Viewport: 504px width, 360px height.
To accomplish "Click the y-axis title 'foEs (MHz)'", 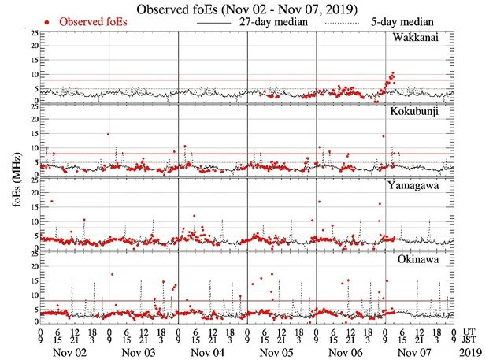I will point(9,177).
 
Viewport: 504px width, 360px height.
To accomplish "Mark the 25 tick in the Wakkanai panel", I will point(32,33).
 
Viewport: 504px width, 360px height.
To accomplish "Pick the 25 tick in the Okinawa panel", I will point(32,253).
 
